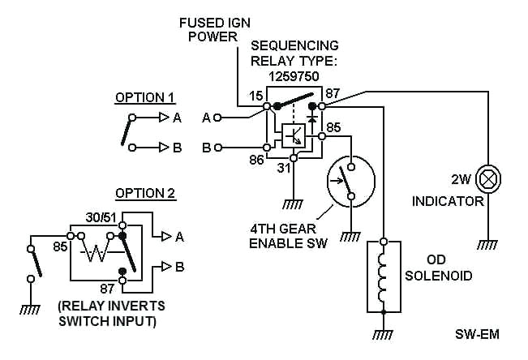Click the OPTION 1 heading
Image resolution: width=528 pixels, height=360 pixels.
[x=145, y=97]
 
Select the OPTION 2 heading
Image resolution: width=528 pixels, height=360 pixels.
[x=145, y=193]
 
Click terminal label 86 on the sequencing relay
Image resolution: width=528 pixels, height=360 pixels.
[x=255, y=161]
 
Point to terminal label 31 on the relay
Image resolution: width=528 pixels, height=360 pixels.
[x=285, y=169]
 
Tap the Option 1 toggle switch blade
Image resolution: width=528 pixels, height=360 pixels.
[x=127, y=131]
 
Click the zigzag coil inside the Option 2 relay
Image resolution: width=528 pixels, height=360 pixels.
[x=97, y=252]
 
